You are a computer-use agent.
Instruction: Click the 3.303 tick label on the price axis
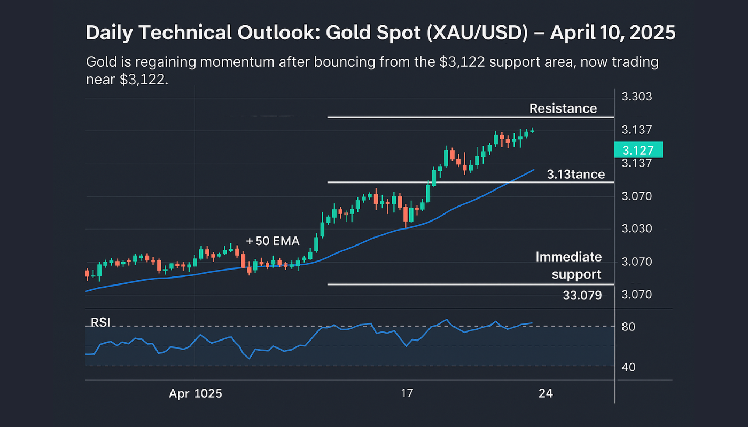637,97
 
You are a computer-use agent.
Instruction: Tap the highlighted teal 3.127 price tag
638,150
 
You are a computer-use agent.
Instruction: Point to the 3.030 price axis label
637,229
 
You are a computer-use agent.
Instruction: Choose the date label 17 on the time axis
407,394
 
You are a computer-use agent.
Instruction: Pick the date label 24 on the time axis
546,394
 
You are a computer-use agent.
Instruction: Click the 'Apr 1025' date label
196,394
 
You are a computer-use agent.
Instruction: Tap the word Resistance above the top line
563,108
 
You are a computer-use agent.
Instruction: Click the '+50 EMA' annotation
272,241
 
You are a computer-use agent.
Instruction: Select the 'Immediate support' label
568,266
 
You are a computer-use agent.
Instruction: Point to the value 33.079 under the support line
582,295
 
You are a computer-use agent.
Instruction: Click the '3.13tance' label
575,174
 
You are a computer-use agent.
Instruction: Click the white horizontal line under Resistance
470,117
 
